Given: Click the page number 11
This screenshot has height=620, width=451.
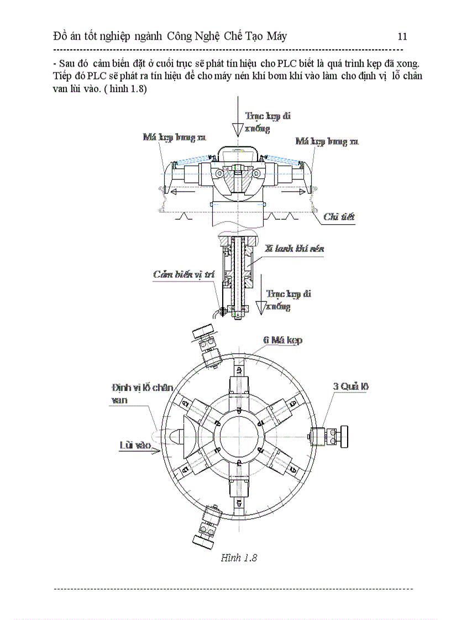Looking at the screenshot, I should [402, 37].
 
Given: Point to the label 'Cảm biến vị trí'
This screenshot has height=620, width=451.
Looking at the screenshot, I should [183, 274].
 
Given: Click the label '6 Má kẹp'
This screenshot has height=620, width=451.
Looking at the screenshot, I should [282, 340].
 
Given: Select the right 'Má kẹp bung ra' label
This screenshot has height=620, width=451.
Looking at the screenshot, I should [327, 142].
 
